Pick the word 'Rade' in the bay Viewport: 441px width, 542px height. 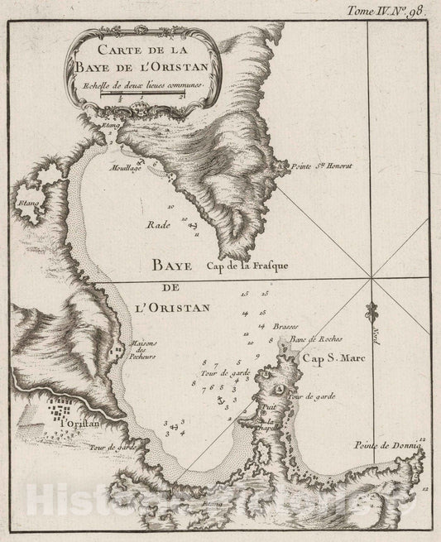pyautogui.click(x=158, y=223)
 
